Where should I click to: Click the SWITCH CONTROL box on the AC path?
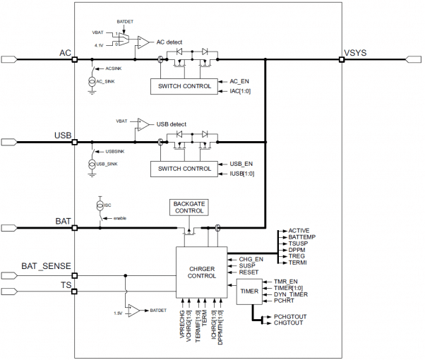(x=182, y=86)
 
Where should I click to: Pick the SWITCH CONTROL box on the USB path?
(x=182, y=169)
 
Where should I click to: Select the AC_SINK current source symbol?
(x=92, y=81)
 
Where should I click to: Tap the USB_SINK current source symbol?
(x=92, y=164)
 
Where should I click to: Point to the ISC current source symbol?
(x=99, y=205)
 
